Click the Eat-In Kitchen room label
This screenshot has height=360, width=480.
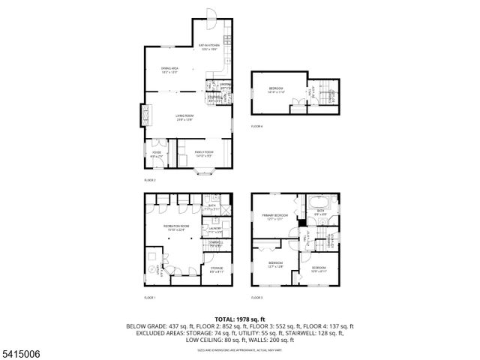tap(208, 47)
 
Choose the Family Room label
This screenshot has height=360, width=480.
tap(204, 153)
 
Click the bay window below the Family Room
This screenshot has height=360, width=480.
tap(204, 172)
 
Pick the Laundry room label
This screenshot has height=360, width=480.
tap(216, 230)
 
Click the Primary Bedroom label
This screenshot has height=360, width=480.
tap(276, 217)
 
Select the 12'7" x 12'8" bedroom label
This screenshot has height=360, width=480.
tap(275, 265)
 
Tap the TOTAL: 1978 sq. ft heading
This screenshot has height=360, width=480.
tap(239, 319)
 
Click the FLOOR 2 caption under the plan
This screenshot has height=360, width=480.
tap(150, 181)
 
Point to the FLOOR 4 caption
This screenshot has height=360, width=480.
tap(257, 126)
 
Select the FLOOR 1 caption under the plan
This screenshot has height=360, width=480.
tap(150, 298)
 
